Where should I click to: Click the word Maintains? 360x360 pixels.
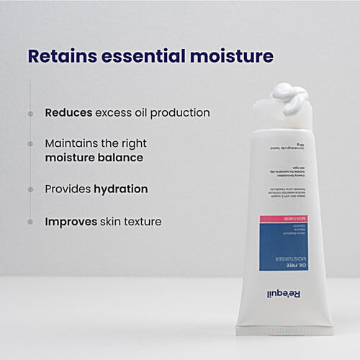tap(76, 143)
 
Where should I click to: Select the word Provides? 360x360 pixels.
tap(68, 189)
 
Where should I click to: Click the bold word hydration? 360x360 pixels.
tap(121, 189)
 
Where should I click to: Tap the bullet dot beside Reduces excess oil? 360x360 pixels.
tap(30, 114)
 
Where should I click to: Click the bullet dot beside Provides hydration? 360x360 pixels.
tap(30, 190)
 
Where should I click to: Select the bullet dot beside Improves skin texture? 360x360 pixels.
tap(30, 222)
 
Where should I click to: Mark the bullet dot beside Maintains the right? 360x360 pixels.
tap(30, 144)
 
